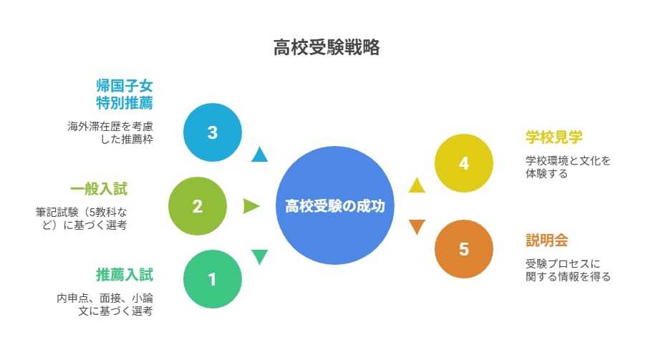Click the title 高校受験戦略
[x=326, y=47]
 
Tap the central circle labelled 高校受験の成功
[x=335, y=205]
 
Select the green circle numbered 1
[x=213, y=279]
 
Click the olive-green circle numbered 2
[x=198, y=206]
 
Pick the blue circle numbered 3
[x=213, y=132]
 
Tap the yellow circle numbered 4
[x=464, y=163]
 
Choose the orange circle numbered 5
[x=464, y=249]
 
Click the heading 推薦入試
[x=125, y=275]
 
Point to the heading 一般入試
[x=99, y=189]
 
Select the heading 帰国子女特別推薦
[x=125, y=94]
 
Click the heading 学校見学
[x=554, y=137]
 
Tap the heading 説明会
[x=547, y=240]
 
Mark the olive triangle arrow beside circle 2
[x=251, y=206]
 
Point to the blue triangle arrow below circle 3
[x=259, y=155]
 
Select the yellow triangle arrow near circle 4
[x=417, y=185]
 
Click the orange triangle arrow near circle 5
[x=417, y=226]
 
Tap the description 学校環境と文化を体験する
[x=568, y=167]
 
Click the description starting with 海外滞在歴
[x=110, y=132]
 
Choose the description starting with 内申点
[x=105, y=304]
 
